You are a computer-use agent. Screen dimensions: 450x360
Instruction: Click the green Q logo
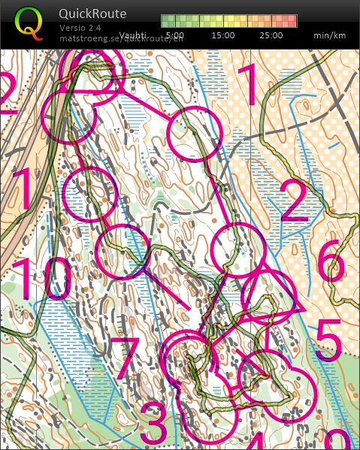29,22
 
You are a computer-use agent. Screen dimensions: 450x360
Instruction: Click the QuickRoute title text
92,14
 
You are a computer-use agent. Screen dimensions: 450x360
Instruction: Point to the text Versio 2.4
80,28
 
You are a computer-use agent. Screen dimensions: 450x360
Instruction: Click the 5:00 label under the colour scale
175,35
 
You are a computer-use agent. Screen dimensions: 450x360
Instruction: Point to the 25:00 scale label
271,35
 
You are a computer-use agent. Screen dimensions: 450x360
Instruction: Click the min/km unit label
328,35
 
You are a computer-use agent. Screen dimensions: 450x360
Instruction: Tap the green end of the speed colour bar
166,21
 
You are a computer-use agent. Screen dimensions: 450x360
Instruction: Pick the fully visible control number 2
295,201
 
